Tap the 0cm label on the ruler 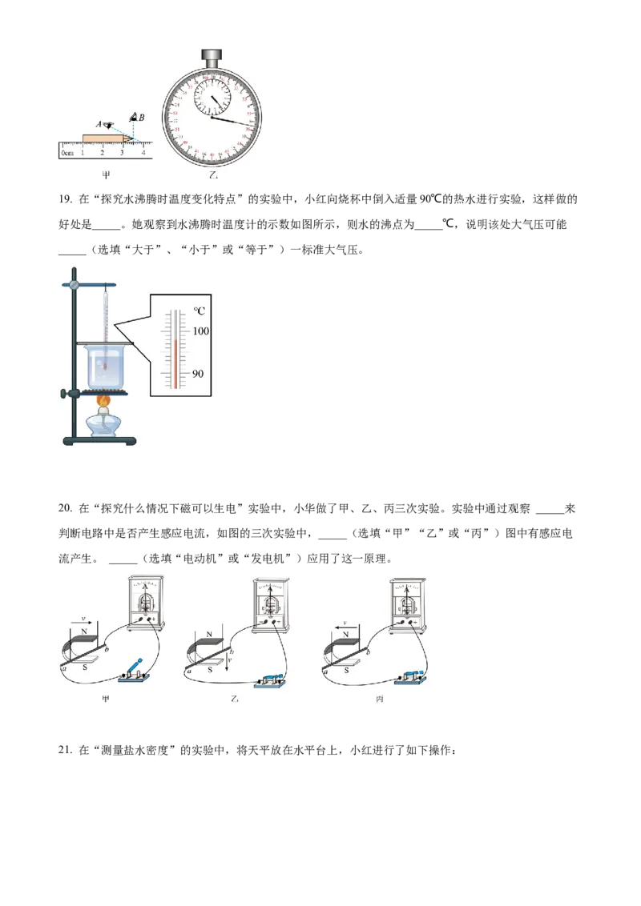coord(67,152)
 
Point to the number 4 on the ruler coord(143,152)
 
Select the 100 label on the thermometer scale coord(200,331)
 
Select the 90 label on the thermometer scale coord(200,374)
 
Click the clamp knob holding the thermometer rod coord(73,284)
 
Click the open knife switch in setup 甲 coord(135,669)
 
